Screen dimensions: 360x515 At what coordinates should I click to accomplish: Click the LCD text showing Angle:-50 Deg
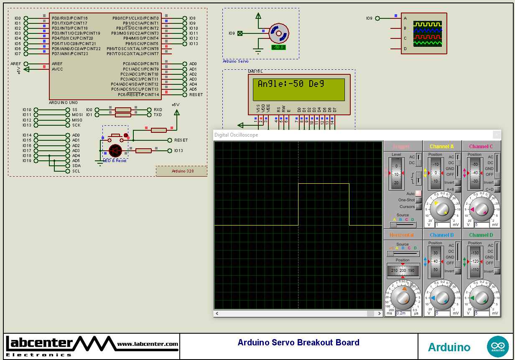[x=291, y=84]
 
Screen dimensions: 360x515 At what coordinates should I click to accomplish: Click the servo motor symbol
[x=278, y=33]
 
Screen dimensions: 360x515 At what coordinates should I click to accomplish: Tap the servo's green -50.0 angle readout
[x=278, y=47]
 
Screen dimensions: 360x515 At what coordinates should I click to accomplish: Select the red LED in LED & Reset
[x=115, y=150]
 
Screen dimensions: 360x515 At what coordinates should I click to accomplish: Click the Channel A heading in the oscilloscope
[x=441, y=147]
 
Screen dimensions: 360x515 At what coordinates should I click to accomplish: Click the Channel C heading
[x=481, y=147]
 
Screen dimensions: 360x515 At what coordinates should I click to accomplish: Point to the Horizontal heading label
[x=402, y=235]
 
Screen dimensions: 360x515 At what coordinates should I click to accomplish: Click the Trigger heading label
[x=401, y=147]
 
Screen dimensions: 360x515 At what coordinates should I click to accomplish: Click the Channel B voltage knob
[x=442, y=297]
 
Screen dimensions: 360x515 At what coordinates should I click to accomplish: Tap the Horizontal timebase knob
[x=403, y=297]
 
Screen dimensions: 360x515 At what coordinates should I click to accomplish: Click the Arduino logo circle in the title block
[x=498, y=347]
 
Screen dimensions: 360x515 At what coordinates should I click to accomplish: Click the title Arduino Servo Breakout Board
[x=298, y=342]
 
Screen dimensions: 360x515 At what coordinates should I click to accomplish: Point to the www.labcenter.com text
[x=148, y=344]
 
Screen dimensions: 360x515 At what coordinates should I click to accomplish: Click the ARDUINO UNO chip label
[x=63, y=102]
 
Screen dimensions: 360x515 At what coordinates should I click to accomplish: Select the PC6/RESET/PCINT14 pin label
[x=139, y=94]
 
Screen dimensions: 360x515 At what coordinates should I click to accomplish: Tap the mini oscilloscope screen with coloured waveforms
[x=428, y=33]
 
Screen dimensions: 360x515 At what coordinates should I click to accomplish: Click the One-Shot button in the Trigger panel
[x=418, y=200]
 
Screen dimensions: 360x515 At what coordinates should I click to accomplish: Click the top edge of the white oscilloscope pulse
[x=324, y=183]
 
